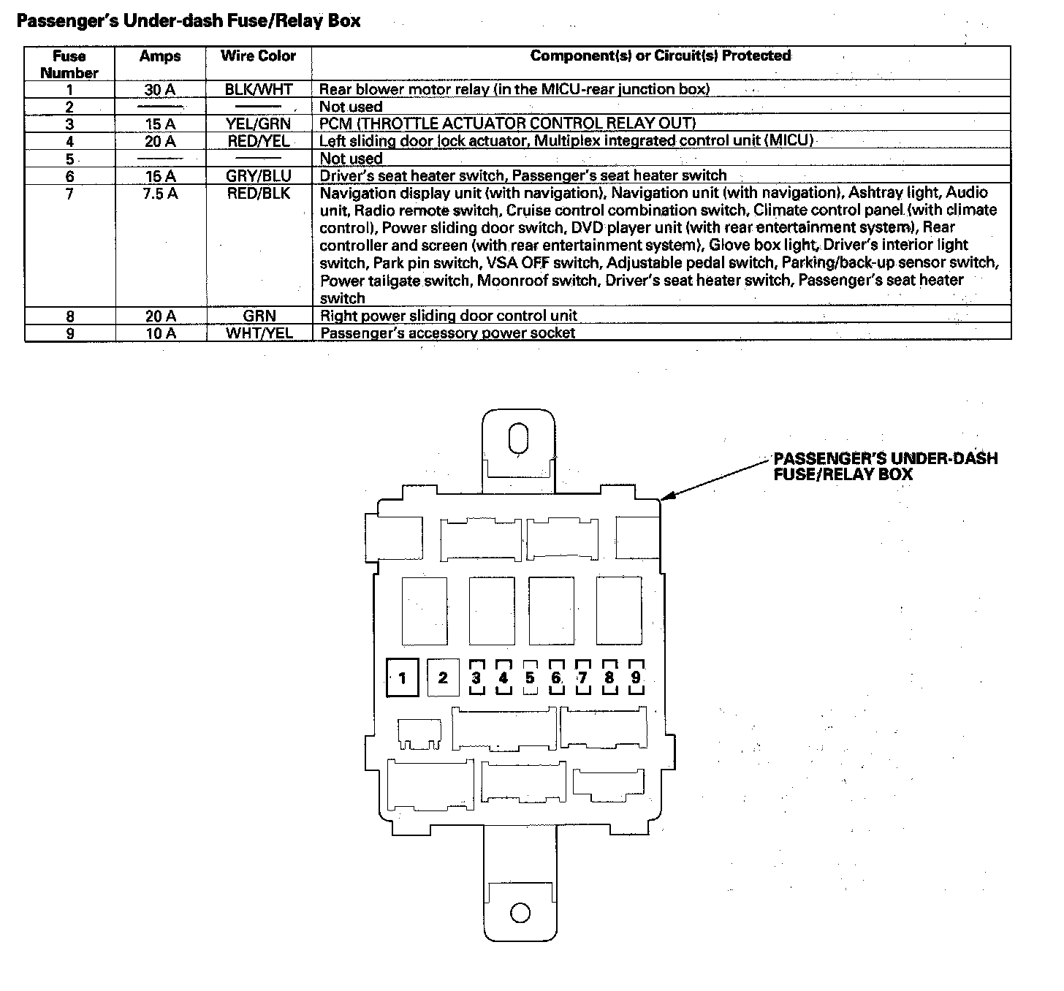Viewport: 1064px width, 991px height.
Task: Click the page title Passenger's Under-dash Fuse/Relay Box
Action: pos(189,20)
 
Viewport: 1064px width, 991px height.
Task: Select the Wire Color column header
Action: pos(258,56)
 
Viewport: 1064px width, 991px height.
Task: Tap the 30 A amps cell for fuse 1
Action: pos(159,90)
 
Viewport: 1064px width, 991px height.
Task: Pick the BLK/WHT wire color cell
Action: pos(258,90)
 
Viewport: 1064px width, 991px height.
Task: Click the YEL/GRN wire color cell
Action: pos(258,124)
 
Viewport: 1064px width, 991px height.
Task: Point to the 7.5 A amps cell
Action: pos(159,194)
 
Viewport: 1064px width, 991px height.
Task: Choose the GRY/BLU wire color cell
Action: pos(258,176)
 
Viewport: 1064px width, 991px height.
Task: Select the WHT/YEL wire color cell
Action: pos(258,333)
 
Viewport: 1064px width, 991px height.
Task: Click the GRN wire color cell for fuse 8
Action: pos(258,316)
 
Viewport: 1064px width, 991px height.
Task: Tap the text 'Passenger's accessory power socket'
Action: pos(447,333)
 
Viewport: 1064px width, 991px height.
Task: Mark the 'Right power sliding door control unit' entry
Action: pos(448,316)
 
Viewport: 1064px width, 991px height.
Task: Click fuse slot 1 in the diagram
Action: pos(403,679)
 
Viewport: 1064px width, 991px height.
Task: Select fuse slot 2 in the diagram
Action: pos(443,677)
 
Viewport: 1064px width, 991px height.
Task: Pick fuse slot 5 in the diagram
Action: pos(530,677)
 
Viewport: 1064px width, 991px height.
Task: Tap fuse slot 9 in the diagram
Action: pos(636,677)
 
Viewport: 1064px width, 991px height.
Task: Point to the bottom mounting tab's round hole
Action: pos(520,913)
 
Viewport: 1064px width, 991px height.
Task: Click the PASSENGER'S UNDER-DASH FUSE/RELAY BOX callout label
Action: pos(885,466)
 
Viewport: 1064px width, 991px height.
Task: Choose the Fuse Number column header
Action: pos(69,64)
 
